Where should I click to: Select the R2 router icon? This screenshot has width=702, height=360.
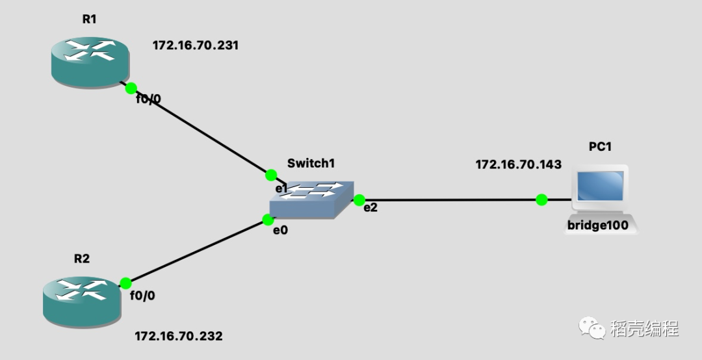[x=82, y=300]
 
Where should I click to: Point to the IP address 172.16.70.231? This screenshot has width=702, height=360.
[x=196, y=45]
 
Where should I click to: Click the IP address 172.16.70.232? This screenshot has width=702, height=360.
[x=178, y=336]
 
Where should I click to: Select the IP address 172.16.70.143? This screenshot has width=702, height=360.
[x=518, y=164]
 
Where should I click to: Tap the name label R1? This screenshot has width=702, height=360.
[x=89, y=19]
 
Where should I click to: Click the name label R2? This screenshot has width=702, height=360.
[x=81, y=259]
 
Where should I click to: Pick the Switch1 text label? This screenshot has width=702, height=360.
[x=311, y=163]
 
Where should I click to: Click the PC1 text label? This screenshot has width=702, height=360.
[x=600, y=147]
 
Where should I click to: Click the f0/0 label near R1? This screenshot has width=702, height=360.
[x=148, y=99]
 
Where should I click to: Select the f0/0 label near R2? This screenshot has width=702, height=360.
[x=142, y=296]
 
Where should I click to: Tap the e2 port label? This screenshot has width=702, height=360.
[x=370, y=208]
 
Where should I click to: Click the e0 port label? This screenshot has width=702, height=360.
[x=279, y=230]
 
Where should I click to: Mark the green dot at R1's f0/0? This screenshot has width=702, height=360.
[x=131, y=88]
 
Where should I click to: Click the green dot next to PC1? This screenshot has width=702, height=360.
[x=541, y=199]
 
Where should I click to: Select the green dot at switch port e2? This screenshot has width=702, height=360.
[x=359, y=200]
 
